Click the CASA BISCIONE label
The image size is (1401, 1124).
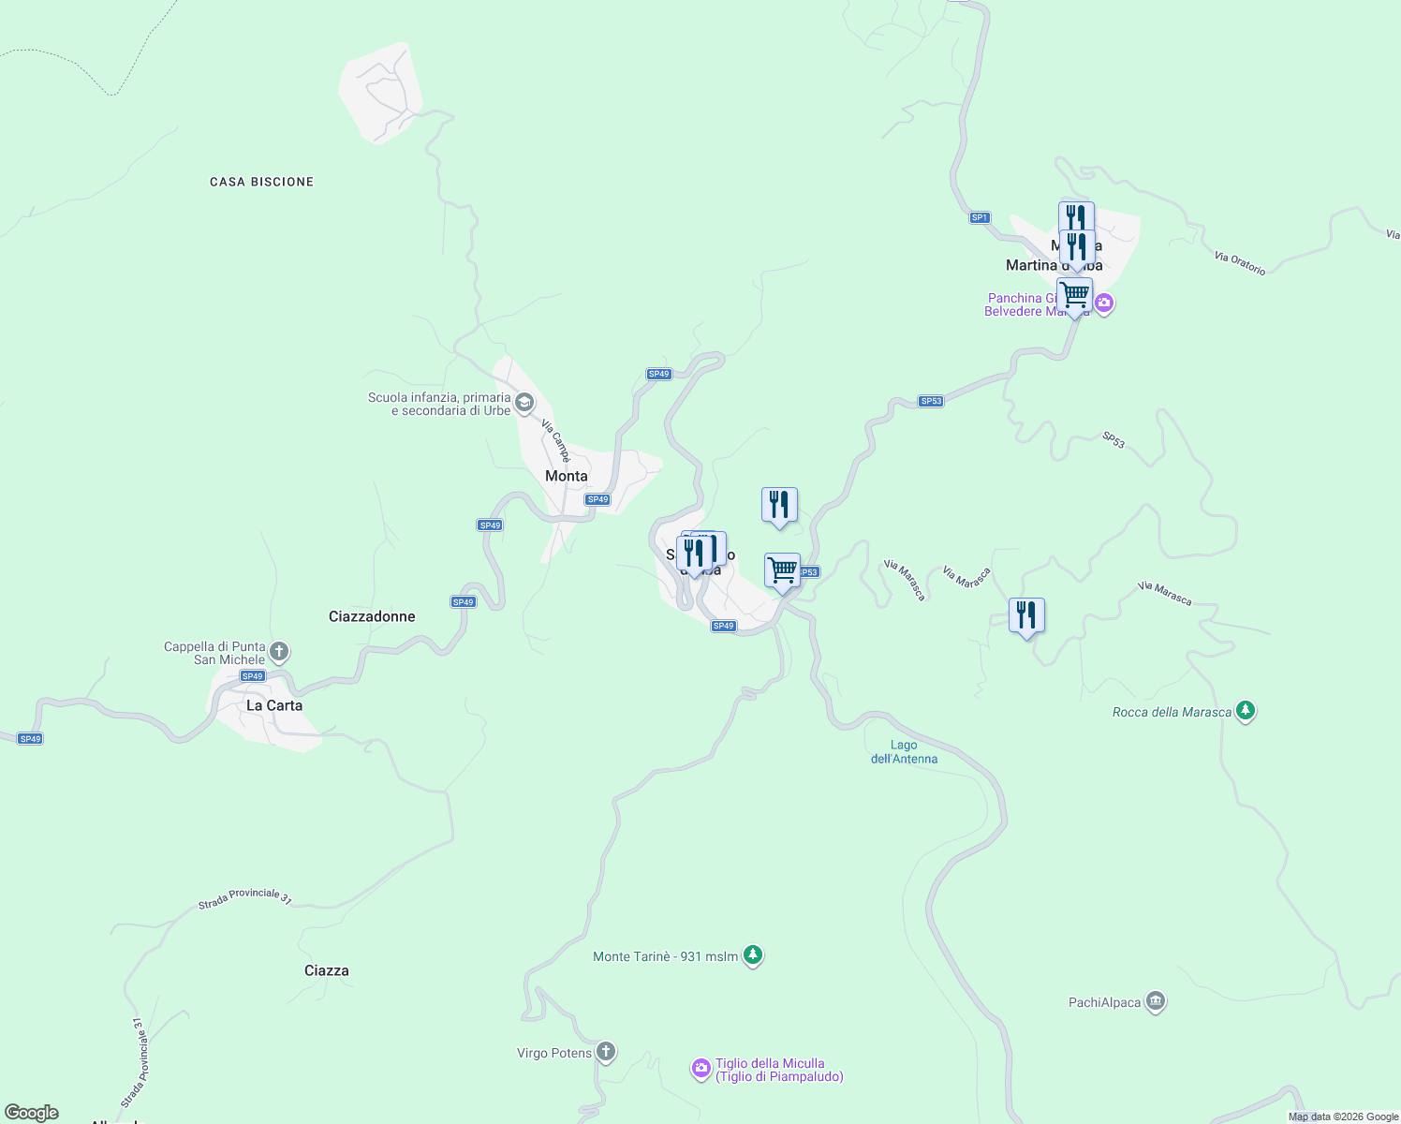coord(261,182)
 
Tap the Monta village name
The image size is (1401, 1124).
coord(567,476)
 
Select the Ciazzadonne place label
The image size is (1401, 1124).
coord(372,616)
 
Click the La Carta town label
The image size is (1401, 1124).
coord(274,705)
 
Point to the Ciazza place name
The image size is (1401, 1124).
coord(327,970)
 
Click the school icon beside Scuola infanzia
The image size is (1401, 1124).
coord(524,404)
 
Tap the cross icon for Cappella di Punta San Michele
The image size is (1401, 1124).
coord(278,652)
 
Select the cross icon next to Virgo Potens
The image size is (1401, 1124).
coord(606,1052)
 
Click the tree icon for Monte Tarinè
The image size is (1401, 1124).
coord(753,955)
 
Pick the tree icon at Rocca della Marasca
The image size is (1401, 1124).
coord(1245,711)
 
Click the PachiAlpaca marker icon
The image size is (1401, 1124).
coord(1156,1002)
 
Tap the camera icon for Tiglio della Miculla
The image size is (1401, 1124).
coord(701,1069)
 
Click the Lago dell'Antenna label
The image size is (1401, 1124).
coord(904,752)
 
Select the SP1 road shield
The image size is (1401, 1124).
coord(980,217)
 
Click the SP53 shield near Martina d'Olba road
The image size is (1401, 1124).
coord(931,401)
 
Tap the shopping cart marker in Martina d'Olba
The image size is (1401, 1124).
coord(1075,296)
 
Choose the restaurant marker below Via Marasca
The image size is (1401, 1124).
coord(1027,615)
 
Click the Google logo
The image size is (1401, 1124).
coord(32,1113)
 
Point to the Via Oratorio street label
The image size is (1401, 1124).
coord(1240,263)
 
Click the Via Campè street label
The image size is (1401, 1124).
coord(556,440)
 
